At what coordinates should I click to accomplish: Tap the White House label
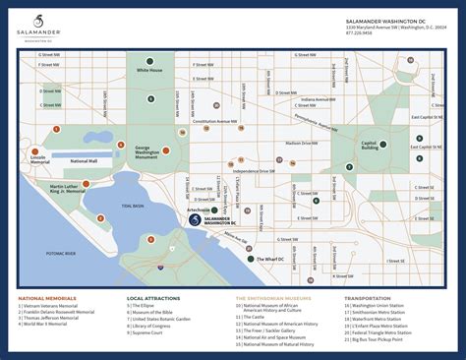pyautogui.click(x=149, y=71)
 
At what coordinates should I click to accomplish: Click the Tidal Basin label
pyautogui.click(x=133, y=206)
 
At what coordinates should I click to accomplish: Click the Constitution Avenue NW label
pyautogui.click(x=215, y=122)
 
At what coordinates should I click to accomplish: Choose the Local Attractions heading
pyautogui.click(x=151, y=297)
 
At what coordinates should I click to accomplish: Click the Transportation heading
pyautogui.click(x=368, y=297)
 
